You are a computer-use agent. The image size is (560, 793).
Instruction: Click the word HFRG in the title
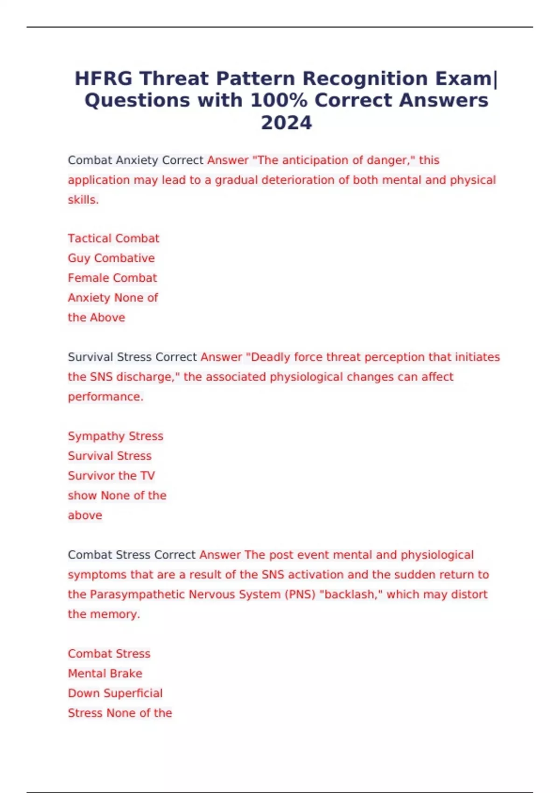[104, 78]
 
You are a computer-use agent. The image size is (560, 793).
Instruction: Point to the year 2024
[286, 123]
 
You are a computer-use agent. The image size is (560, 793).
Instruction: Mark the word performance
[105, 397]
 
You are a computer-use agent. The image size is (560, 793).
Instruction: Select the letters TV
[147, 476]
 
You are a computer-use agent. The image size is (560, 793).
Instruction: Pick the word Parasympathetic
[137, 595]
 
